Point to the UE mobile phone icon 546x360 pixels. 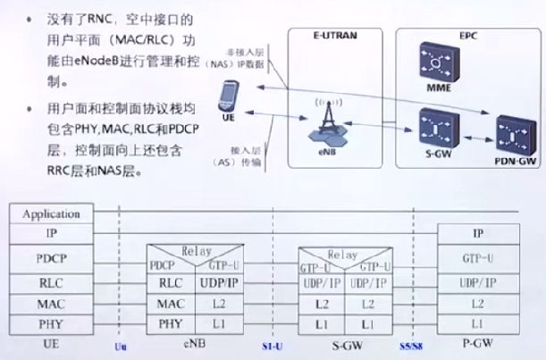point(231,94)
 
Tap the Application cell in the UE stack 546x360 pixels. point(51,214)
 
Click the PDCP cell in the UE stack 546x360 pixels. point(51,258)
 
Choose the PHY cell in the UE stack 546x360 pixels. point(51,323)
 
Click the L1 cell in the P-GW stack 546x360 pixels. point(477,323)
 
